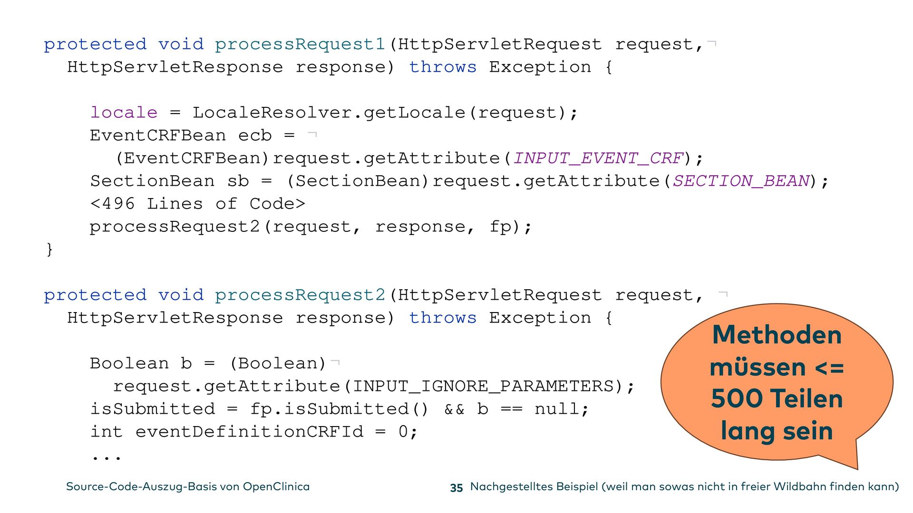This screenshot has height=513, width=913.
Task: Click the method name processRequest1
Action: [300, 45]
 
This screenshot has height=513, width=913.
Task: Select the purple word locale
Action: [124, 113]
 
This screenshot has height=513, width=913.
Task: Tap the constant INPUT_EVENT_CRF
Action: [598, 158]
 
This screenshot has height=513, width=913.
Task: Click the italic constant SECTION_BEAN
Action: [741, 181]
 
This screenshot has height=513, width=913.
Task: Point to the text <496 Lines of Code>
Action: [197, 204]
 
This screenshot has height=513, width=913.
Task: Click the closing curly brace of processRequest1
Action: [49, 249]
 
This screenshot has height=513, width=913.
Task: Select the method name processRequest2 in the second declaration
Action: [300, 295]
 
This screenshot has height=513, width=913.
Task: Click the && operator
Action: [454, 409]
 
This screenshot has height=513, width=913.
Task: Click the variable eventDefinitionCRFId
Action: [249, 432]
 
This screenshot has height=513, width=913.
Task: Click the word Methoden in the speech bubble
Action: [777, 335]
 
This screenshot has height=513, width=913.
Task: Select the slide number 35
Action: [456, 488]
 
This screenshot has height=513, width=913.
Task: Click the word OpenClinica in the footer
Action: [276, 487]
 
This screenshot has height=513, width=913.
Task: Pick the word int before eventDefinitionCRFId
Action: [107, 432]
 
